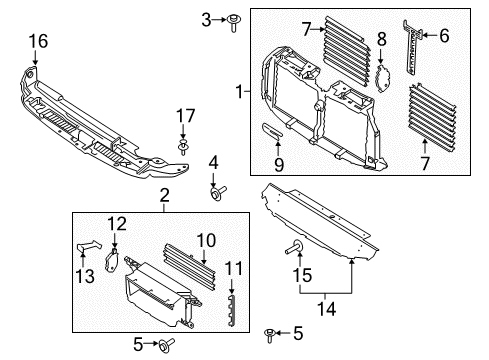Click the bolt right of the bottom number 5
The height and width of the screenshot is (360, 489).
tap(161, 345)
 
